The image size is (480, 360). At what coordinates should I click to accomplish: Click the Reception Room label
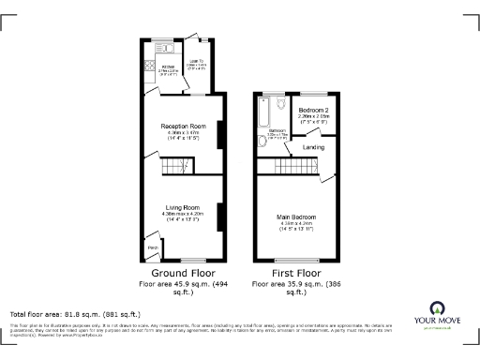tap(183, 126)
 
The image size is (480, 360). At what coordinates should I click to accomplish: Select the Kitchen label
tap(169, 67)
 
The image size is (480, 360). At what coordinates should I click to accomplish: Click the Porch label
tap(152, 247)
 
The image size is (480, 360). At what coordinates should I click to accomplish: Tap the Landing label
tap(313, 148)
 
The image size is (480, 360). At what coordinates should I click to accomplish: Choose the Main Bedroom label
tap(295, 217)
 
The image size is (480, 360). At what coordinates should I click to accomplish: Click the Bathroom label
tap(277, 130)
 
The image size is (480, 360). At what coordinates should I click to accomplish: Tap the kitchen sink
tap(162, 46)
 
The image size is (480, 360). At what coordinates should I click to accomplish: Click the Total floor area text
tap(75, 314)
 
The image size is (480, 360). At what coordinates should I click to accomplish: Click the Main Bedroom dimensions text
tap(295, 228)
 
